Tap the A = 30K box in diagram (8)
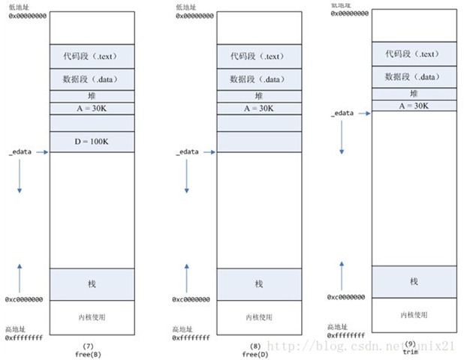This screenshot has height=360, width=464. point(258,108)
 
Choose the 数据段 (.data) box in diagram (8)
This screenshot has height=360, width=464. point(258,79)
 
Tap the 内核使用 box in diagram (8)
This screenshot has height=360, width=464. point(258,317)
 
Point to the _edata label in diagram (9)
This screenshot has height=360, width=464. point(343,114)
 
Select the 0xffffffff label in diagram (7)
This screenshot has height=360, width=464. point(24,338)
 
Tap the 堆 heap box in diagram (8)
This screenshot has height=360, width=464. point(258,96)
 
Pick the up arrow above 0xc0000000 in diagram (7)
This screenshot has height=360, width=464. point(20,277)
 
